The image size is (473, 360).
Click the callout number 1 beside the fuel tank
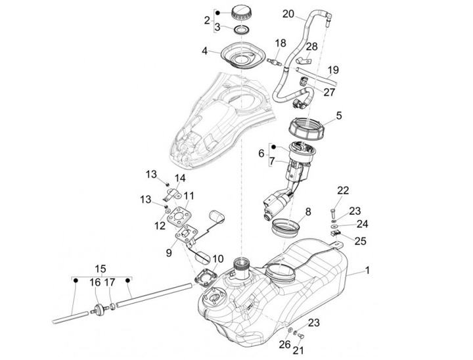[367, 271]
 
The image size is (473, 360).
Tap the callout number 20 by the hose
[290, 14]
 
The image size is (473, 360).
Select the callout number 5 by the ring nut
[338, 116]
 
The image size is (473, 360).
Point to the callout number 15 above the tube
[101, 269]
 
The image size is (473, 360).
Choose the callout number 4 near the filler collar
[204, 50]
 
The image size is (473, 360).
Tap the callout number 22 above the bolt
[342, 191]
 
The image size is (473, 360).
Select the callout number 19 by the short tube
[333, 70]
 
